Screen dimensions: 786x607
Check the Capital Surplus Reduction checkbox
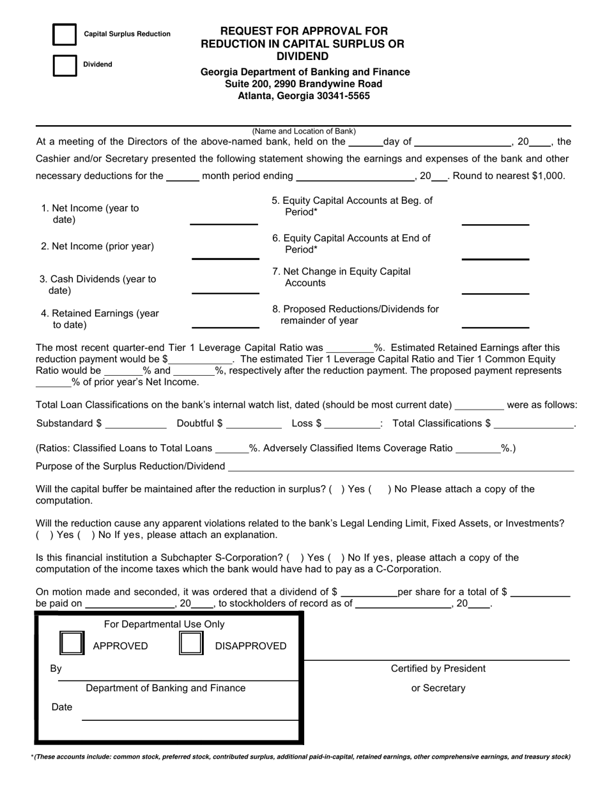[x=65, y=35]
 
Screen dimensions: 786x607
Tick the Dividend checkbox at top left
[x=65, y=65]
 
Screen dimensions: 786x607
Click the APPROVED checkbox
[x=72, y=643]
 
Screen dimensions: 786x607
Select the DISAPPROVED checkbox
[x=191, y=643]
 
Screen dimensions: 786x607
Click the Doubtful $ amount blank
[x=254, y=424]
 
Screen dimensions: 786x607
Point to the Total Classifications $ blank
[x=534, y=424]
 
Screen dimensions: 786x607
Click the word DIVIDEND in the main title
[x=303, y=56]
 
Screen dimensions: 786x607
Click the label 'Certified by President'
[x=438, y=669]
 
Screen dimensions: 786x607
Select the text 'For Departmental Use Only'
[x=164, y=624]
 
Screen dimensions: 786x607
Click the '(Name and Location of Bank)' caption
[x=304, y=131]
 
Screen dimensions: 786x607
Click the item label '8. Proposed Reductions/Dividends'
[x=356, y=309]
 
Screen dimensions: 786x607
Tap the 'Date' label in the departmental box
[x=61, y=707]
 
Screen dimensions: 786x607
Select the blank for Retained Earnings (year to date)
[x=226, y=322]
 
